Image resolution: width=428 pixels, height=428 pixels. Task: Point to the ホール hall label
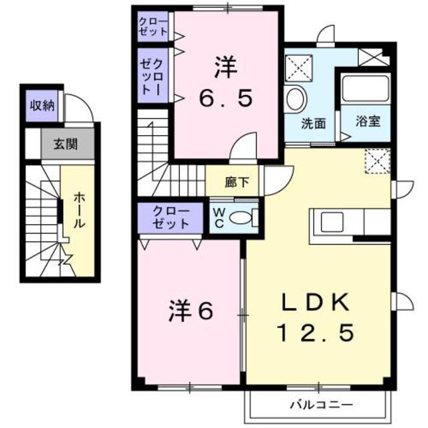(78, 211)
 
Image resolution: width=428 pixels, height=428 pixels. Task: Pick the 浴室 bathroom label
(367, 122)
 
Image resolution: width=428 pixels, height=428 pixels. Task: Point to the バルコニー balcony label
(321, 405)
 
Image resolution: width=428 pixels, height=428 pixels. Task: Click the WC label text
(219, 217)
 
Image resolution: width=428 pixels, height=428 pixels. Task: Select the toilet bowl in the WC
(244, 217)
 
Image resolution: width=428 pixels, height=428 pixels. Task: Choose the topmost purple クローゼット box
(153, 27)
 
